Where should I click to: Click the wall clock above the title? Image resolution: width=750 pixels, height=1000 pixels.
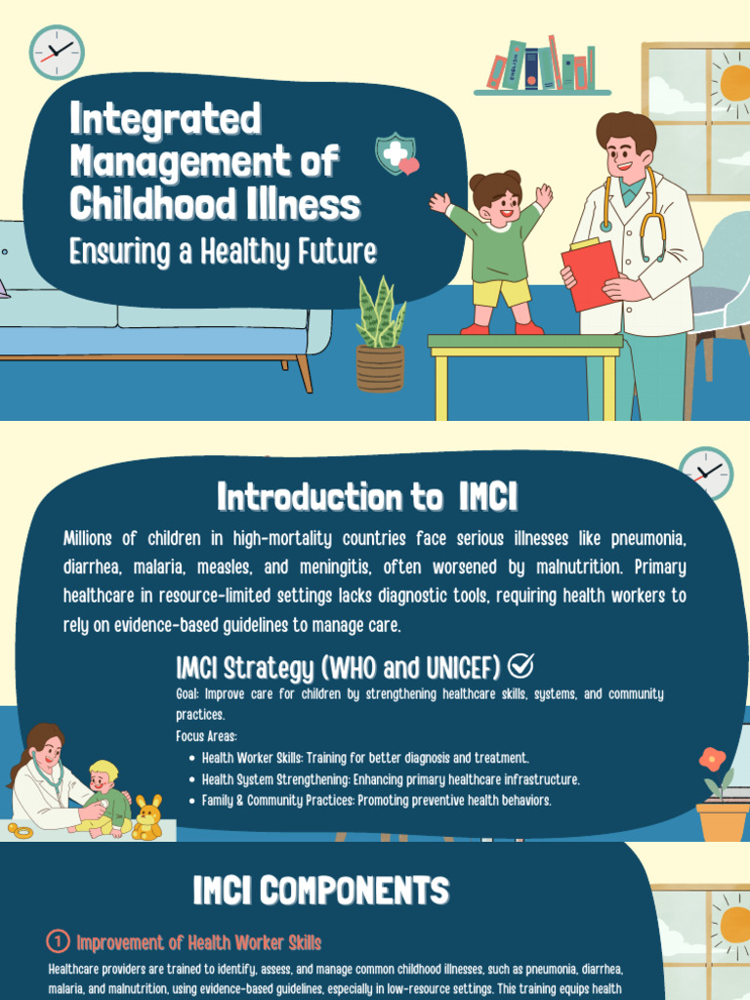click(x=57, y=52)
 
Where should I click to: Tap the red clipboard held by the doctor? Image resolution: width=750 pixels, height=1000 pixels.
click(x=589, y=274)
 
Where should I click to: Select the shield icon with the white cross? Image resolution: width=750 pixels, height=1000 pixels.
click(x=395, y=154)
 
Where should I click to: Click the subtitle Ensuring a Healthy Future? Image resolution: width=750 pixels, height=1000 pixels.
click(x=223, y=251)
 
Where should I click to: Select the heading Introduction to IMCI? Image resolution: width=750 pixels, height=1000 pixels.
click(x=367, y=497)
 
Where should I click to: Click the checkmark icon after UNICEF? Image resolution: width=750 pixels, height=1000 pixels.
click(x=521, y=666)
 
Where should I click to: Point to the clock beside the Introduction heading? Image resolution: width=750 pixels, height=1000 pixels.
click(x=705, y=474)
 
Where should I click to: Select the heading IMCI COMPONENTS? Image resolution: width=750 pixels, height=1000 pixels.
click(x=321, y=890)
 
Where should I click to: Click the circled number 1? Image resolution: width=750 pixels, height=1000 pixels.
click(x=58, y=941)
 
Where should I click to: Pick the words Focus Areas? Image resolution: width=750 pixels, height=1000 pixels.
click(x=206, y=736)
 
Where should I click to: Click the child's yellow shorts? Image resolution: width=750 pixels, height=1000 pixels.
click(x=502, y=292)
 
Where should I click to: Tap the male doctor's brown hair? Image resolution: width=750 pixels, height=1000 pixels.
click(x=626, y=130)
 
